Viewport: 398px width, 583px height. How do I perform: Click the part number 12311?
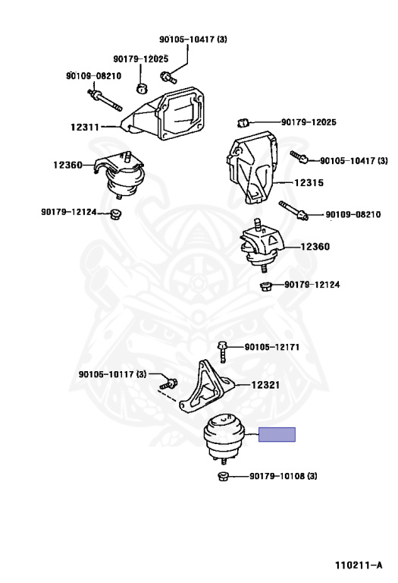[x=85, y=128]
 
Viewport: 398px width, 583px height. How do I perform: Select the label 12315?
[x=309, y=182]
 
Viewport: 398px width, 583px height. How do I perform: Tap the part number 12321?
[x=265, y=385]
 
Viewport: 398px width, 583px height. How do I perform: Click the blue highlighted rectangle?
[x=277, y=435]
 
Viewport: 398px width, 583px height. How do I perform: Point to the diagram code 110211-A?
[x=359, y=566]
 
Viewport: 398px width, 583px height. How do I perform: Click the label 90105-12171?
[x=271, y=347]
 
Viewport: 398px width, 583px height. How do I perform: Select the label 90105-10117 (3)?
[x=112, y=374]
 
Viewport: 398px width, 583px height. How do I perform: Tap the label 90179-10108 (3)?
[x=284, y=476]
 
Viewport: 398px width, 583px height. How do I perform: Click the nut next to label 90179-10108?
[x=223, y=476]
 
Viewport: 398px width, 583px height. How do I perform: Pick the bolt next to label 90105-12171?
[x=221, y=351]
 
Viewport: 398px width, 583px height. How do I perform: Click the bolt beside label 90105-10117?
[x=169, y=383]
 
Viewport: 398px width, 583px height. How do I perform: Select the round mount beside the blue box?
[x=224, y=438]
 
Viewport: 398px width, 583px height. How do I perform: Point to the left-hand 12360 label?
[x=67, y=165]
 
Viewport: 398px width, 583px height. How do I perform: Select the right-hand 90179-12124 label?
[x=312, y=285]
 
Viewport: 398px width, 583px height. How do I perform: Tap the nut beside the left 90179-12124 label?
[x=116, y=214]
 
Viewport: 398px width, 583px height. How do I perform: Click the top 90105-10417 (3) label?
[x=193, y=39]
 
